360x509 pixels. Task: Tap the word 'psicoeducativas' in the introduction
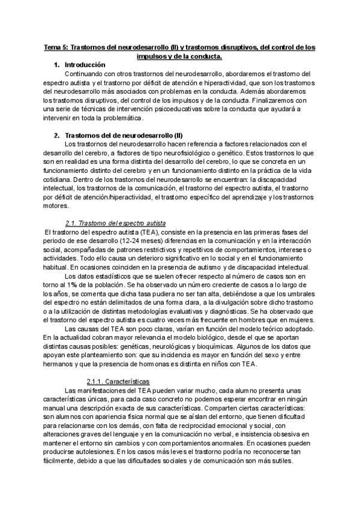(x=167, y=109)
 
